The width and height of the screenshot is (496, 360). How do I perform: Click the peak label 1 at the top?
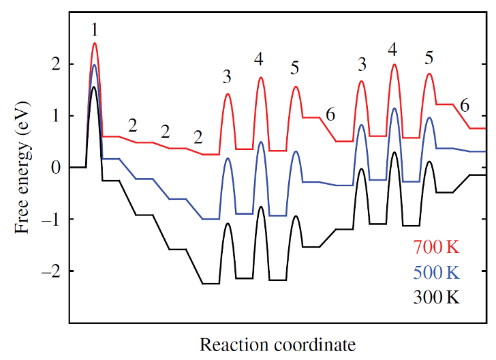click(95, 30)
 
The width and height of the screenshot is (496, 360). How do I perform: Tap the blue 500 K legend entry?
click(436, 272)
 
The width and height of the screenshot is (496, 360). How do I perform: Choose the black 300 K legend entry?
click(436, 298)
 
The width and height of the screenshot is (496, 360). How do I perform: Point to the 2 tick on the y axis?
click(57, 64)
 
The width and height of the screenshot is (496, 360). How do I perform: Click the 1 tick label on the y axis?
click(57, 116)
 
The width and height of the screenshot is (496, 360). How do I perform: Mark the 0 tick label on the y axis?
click(57, 168)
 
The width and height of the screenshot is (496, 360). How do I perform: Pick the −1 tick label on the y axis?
click(52, 220)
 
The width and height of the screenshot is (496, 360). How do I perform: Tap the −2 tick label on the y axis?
click(52, 271)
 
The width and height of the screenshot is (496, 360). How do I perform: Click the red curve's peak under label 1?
click(95, 43)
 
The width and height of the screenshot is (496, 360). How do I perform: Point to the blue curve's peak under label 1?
click(95, 65)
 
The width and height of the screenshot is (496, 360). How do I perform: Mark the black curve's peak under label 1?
click(94, 87)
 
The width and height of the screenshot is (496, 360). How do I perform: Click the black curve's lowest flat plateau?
click(210, 283)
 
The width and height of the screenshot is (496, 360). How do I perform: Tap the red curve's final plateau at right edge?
click(477, 128)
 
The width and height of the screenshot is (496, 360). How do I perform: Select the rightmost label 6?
click(465, 106)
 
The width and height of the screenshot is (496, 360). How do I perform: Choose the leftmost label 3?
click(228, 77)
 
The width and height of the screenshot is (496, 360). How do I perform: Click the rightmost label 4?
click(392, 49)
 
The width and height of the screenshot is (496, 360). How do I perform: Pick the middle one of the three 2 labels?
click(165, 132)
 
